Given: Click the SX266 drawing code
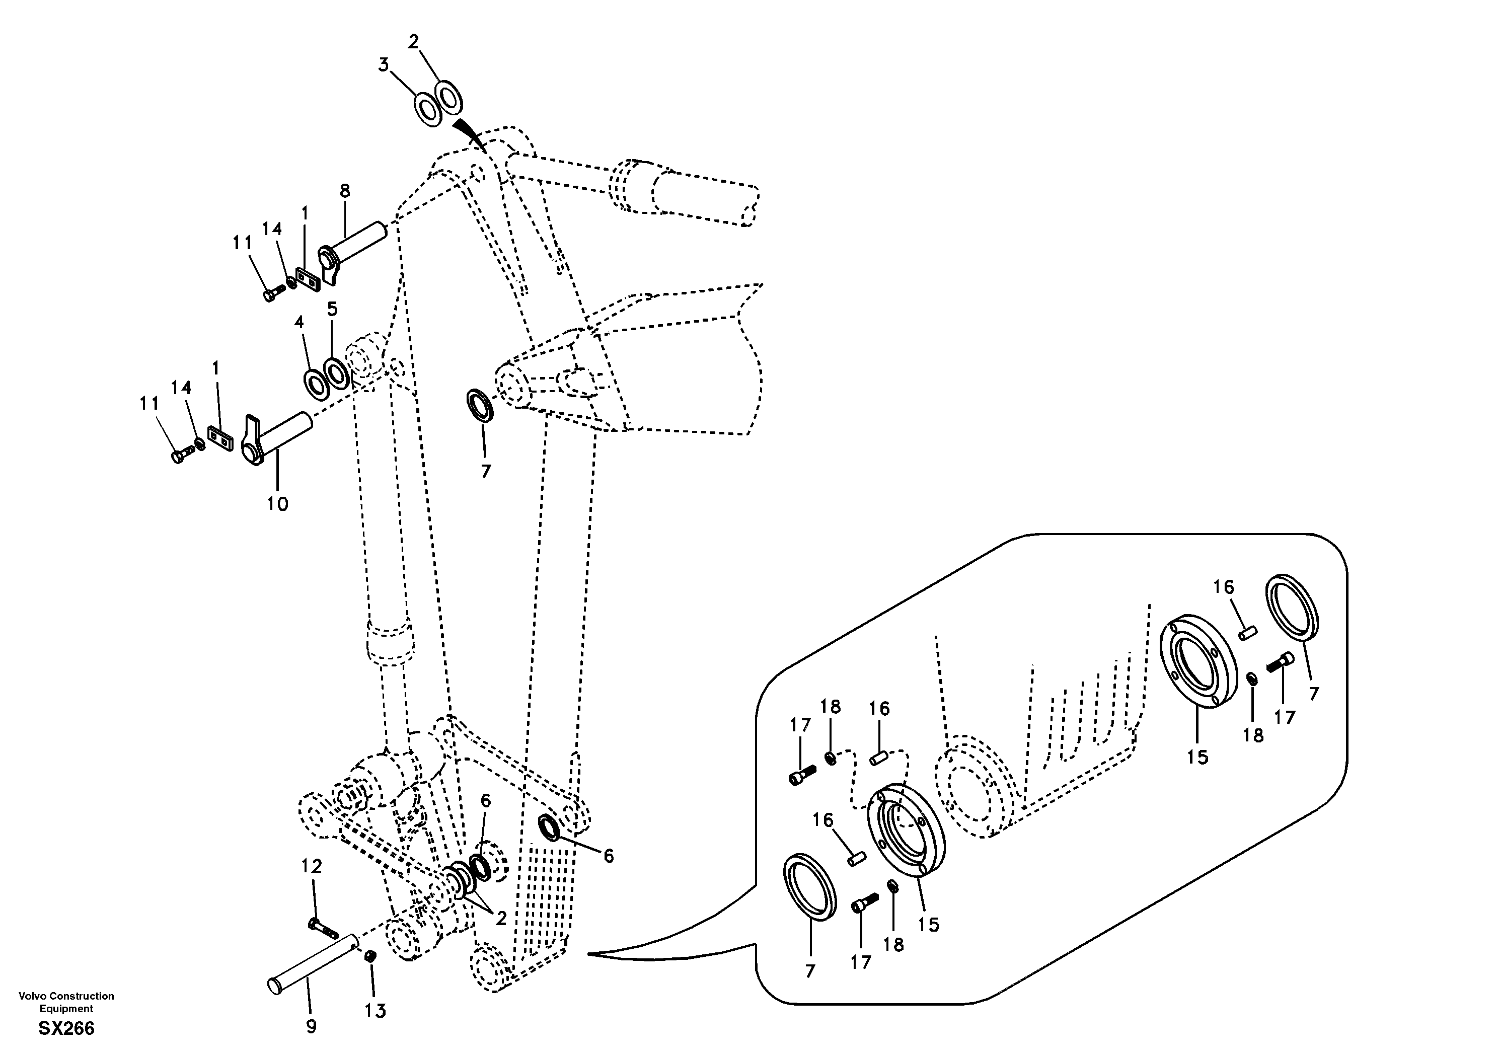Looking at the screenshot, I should click(66, 1029).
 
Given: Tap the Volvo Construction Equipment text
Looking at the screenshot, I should click(66, 1002).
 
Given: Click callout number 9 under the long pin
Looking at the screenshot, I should click(311, 1026).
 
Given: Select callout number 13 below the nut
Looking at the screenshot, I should click(375, 1011).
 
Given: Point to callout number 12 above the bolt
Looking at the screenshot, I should click(312, 866).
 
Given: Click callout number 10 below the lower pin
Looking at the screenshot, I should click(277, 504).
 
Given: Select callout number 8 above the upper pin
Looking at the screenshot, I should click(344, 191).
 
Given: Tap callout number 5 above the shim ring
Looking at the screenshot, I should click(332, 309).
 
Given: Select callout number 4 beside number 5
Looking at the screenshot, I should click(299, 322).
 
